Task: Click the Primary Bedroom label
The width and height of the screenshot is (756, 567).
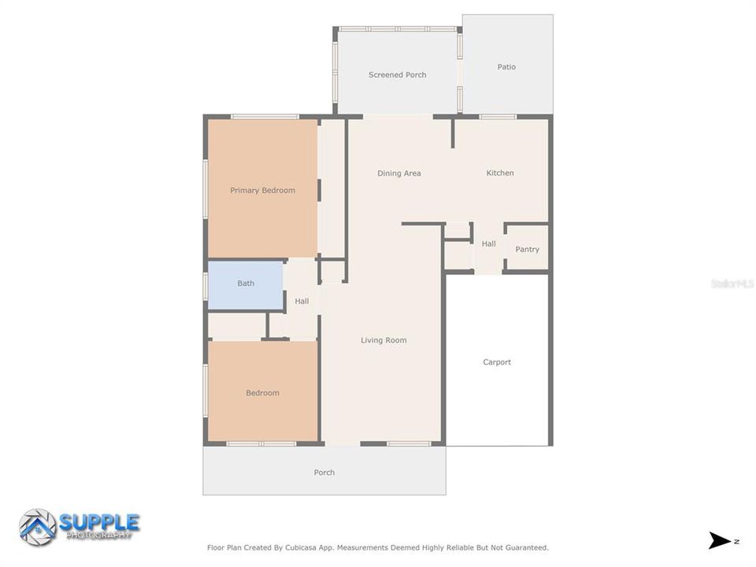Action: click(x=262, y=191)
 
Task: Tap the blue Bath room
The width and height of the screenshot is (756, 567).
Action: click(x=246, y=283)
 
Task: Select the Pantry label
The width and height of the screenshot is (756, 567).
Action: click(x=527, y=250)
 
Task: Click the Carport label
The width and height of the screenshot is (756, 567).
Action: click(x=497, y=362)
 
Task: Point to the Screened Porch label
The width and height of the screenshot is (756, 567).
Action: click(x=397, y=75)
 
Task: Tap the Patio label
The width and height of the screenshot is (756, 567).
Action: click(x=506, y=67)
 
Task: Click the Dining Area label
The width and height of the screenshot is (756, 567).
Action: click(x=398, y=173)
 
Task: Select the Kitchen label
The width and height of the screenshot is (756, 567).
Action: click(x=499, y=173)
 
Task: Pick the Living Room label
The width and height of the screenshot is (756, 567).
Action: click(x=384, y=340)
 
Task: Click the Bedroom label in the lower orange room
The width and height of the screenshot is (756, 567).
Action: click(x=262, y=393)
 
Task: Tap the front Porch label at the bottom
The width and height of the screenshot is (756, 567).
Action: click(x=324, y=472)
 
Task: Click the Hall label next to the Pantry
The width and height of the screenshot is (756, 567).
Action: click(x=488, y=244)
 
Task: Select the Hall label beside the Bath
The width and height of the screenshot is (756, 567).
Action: click(x=302, y=302)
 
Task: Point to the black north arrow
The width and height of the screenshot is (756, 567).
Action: click(x=720, y=540)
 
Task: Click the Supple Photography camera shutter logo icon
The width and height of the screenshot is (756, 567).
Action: click(x=37, y=527)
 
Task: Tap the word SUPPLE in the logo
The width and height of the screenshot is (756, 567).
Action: click(x=100, y=521)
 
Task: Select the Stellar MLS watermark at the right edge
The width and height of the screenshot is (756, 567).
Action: click(x=732, y=283)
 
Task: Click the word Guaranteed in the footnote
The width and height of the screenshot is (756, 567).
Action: click(x=527, y=547)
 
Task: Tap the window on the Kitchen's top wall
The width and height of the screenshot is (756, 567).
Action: click(x=497, y=117)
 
